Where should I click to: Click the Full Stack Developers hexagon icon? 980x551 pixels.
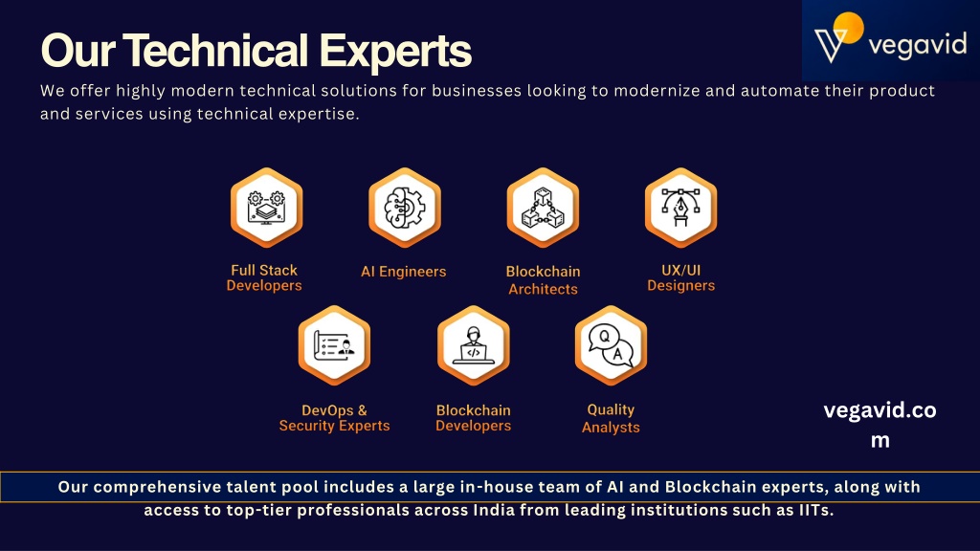[x=266, y=208]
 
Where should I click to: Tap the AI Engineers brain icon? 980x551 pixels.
[x=405, y=208]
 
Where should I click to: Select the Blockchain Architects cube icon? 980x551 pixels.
[x=543, y=208]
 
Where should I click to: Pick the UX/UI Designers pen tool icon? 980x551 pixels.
[x=680, y=208]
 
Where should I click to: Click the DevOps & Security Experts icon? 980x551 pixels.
[x=334, y=345]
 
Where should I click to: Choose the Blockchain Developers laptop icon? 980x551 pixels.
[x=473, y=345]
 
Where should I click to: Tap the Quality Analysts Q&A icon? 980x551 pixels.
[x=611, y=345]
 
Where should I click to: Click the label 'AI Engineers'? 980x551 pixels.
[x=404, y=272]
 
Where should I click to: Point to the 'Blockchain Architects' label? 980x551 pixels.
[x=544, y=280]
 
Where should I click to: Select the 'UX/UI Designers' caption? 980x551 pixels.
[x=680, y=278]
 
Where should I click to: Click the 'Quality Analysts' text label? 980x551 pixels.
[x=611, y=419]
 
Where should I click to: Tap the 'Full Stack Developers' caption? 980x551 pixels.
[x=264, y=278]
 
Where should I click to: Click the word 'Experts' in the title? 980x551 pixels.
[x=395, y=52]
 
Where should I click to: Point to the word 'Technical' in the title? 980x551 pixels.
[x=215, y=50]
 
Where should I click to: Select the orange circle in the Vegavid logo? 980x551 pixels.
[x=848, y=28]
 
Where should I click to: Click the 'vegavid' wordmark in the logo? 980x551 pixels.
[x=918, y=45]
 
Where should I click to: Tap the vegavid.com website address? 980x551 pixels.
[x=880, y=425]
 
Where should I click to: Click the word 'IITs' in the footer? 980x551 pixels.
[x=816, y=511]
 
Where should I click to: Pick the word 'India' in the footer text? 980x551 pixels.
[x=494, y=511]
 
